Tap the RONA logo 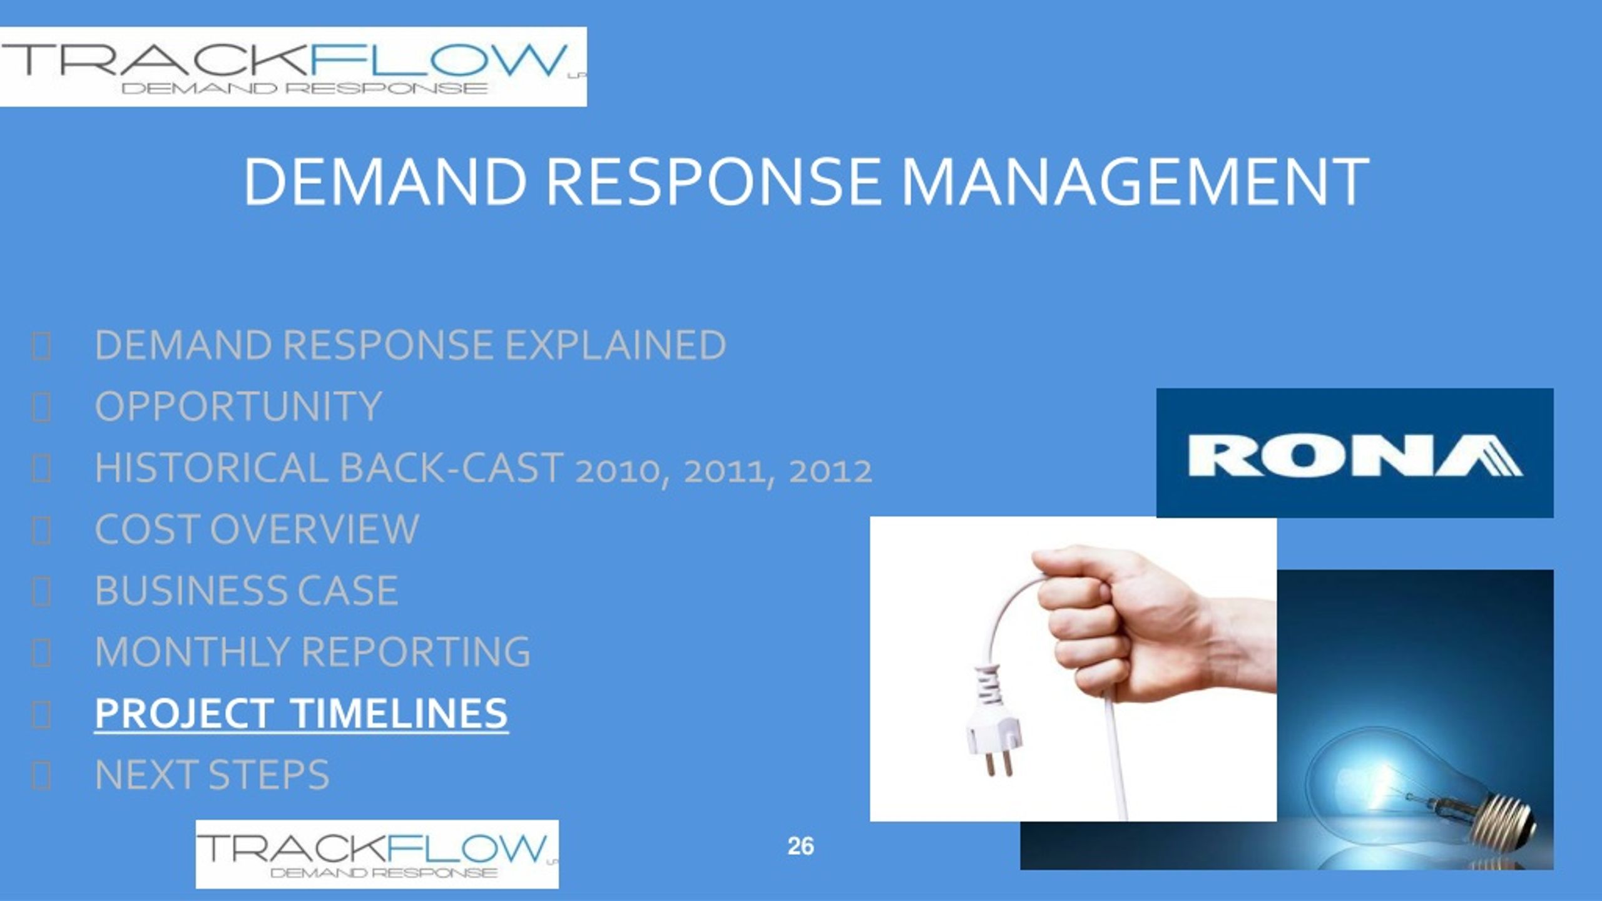pyautogui.click(x=1355, y=453)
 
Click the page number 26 pyautogui.click(x=801, y=846)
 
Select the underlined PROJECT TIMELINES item pyautogui.click(x=301, y=713)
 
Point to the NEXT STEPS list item pyautogui.click(x=212, y=775)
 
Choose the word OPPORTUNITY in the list pyautogui.click(x=238, y=406)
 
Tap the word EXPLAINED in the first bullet pyautogui.click(x=616, y=345)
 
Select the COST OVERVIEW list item pyautogui.click(x=257, y=529)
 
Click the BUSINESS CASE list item pyautogui.click(x=247, y=590)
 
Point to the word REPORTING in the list pyautogui.click(x=416, y=651)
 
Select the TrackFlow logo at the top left pyautogui.click(x=293, y=67)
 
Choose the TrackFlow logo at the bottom pyautogui.click(x=377, y=854)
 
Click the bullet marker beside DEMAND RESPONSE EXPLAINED pyautogui.click(x=41, y=346)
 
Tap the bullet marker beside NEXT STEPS pyautogui.click(x=41, y=776)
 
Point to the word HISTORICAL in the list pyautogui.click(x=212, y=467)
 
